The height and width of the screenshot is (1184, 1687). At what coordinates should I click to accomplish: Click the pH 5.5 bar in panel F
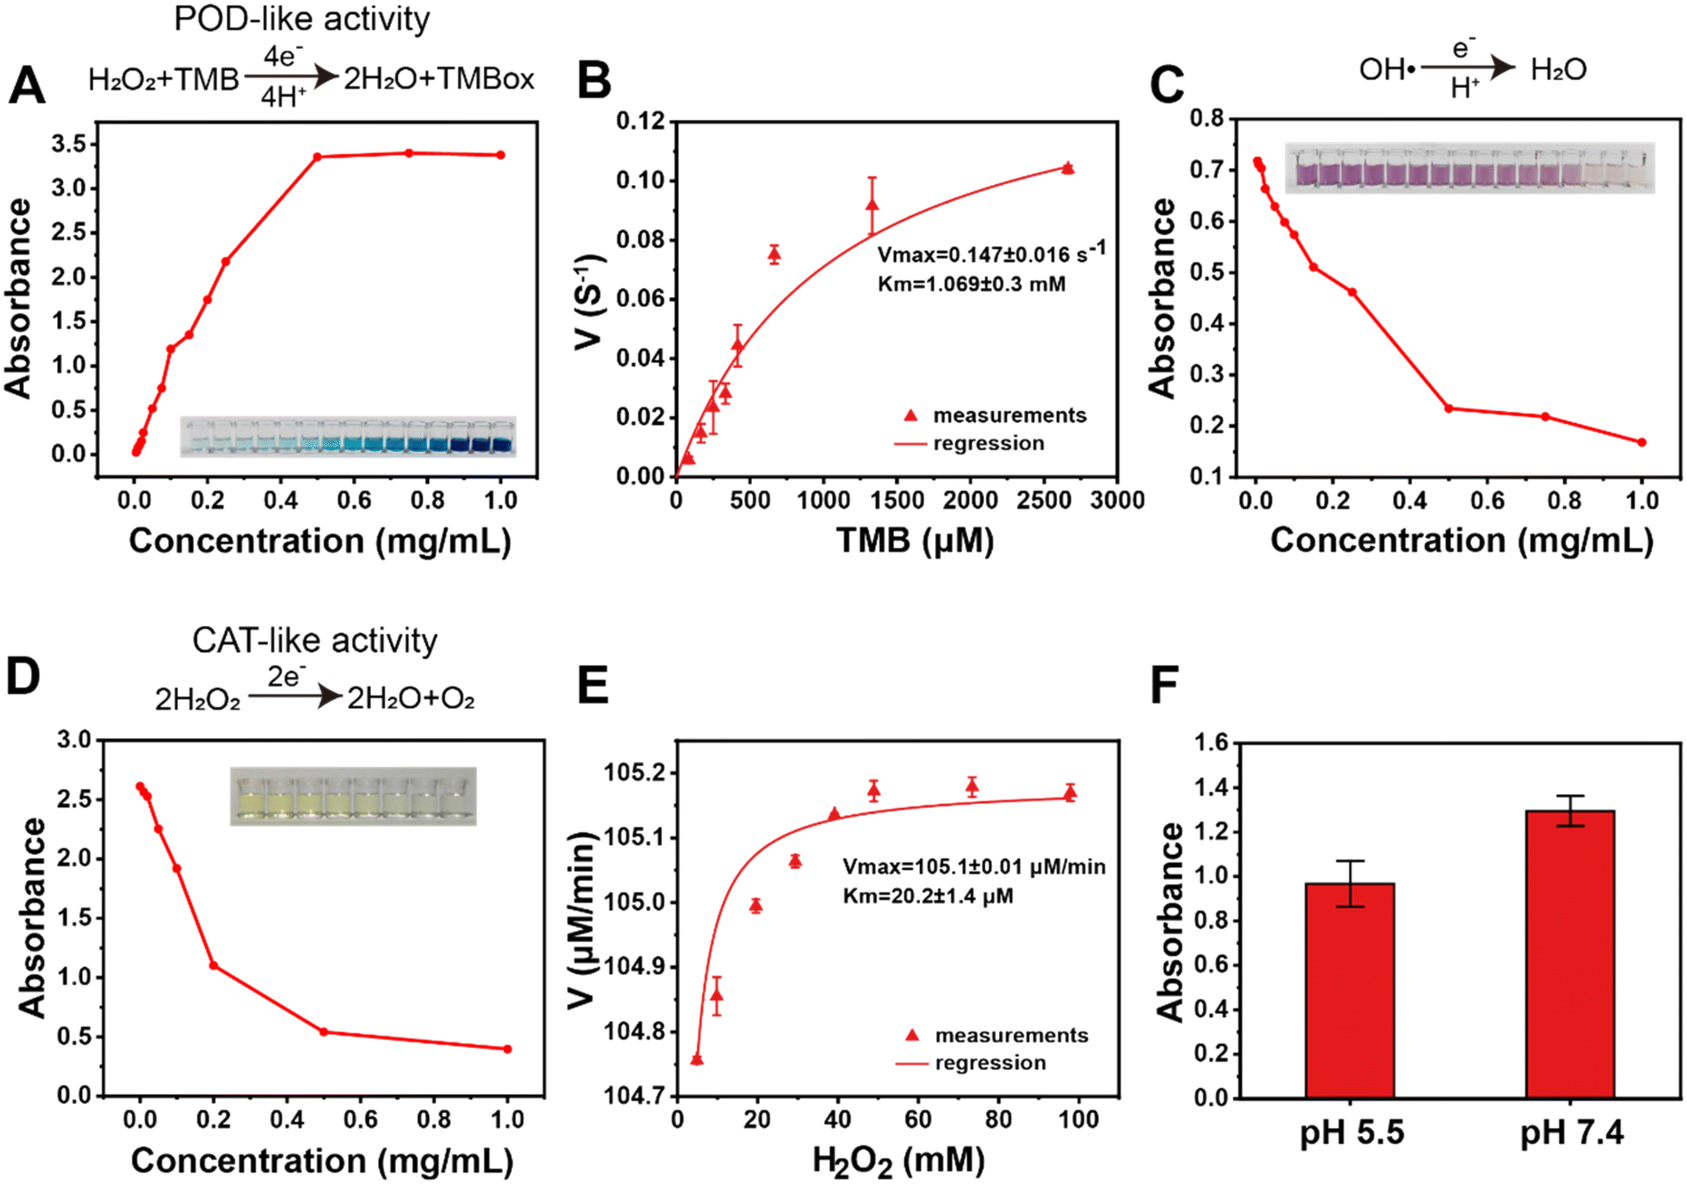1350,990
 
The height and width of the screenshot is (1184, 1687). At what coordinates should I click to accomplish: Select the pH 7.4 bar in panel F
1570,954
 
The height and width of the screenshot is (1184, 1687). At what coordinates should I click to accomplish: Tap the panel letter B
594,81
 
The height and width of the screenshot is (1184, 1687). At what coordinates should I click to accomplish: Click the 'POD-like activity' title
302,19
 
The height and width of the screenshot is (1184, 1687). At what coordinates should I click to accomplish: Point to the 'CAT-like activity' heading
315,640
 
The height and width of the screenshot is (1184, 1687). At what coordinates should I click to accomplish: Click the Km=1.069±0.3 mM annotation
972,285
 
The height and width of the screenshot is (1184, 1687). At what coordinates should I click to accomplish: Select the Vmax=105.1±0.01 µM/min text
974,866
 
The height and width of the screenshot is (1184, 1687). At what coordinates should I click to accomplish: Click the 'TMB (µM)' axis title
915,540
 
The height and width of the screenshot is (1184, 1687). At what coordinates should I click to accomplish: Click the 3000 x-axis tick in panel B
1118,501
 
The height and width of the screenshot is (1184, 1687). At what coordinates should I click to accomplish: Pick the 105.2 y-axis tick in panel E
634,772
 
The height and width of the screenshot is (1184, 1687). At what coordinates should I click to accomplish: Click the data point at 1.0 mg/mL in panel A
501,155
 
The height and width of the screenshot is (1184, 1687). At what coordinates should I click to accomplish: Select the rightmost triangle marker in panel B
1068,167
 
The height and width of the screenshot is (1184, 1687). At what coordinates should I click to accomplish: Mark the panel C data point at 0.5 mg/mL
1449,408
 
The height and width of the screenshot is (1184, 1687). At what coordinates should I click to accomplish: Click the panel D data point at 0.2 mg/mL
214,965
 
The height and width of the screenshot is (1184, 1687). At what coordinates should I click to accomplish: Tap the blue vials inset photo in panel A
348,436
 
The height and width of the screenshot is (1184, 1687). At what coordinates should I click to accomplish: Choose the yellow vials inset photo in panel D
353,796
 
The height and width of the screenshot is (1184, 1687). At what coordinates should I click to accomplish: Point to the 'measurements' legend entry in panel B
995,415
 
